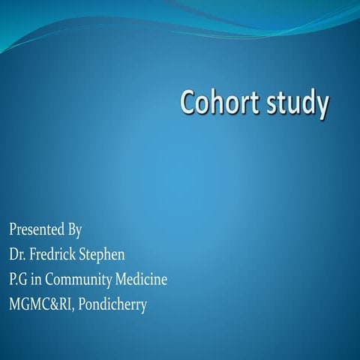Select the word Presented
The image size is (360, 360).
tap(35, 229)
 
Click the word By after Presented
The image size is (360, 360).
tap(74, 229)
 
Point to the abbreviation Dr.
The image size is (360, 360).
tap(17, 254)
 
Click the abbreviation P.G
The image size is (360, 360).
tap(19, 280)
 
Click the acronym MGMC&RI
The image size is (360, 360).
tap(40, 305)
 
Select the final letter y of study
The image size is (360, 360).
tap(322, 107)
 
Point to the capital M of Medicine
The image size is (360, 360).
tap(121, 280)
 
